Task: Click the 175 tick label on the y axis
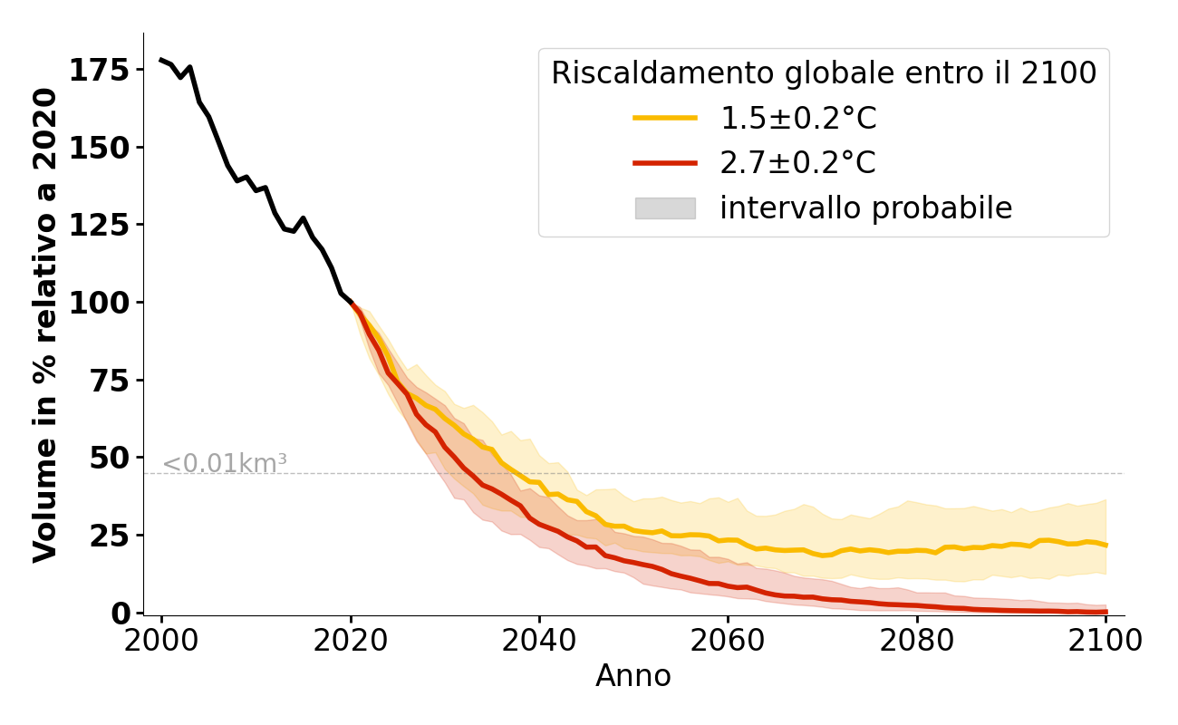(x=100, y=71)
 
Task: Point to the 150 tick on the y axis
(x=100, y=148)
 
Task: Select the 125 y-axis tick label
(x=100, y=225)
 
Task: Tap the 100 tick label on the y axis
(x=100, y=303)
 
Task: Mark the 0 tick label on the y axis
(x=121, y=613)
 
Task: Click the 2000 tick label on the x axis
(x=161, y=642)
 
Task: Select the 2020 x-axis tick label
(x=351, y=642)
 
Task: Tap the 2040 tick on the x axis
(x=539, y=642)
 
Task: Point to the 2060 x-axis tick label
(x=728, y=642)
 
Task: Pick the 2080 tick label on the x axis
(x=917, y=642)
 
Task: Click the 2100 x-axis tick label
(x=1106, y=642)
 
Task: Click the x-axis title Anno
(x=633, y=677)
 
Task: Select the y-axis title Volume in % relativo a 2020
(x=45, y=324)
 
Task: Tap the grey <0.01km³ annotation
(x=225, y=464)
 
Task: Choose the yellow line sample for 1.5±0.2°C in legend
(x=665, y=118)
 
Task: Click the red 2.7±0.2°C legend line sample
(x=665, y=163)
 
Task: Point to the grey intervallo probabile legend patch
(x=665, y=208)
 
